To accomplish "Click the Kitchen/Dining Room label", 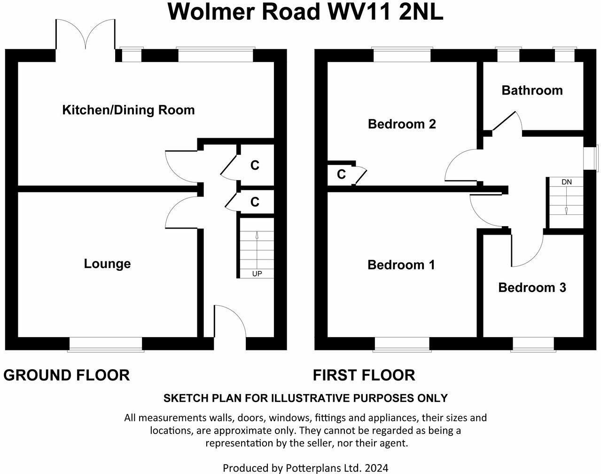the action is click(x=128, y=110).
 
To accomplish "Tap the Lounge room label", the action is click(x=107, y=263).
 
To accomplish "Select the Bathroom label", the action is click(x=532, y=90).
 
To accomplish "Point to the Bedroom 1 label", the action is click(x=401, y=265).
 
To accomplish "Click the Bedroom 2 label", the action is click(x=402, y=124).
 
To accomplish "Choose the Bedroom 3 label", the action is click(x=532, y=287).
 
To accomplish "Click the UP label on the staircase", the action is click(x=257, y=274).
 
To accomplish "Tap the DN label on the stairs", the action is click(x=566, y=182).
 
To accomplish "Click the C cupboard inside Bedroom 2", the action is click(x=341, y=174).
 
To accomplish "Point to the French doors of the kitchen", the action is click(x=86, y=35).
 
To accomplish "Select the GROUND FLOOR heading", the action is click(x=66, y=375).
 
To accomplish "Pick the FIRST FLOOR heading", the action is click(x=364, y=375).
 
